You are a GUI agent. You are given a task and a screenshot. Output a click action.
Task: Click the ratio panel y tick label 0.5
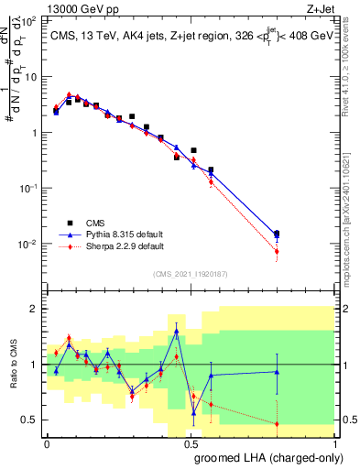tap(30, 420)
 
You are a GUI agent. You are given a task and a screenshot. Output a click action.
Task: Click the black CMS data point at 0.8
tap(277, 234)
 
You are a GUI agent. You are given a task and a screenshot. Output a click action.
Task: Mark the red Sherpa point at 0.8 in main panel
tap(277, 251)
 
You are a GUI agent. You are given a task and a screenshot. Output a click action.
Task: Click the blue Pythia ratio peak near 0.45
tap(176, 331)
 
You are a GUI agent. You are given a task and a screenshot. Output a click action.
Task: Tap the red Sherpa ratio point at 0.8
tap(277, 423)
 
